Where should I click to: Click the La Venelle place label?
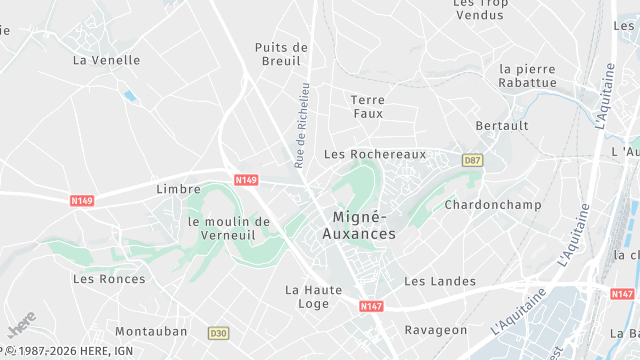click(x=107, y=60)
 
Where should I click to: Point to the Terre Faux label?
click(x=368, y=106)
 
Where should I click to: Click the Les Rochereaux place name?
click(x=375, y=154)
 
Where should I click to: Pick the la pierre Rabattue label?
click(x=527, y=76)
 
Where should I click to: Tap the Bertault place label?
click(x=502, y=126)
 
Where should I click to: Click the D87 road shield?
click(x=472, y=160)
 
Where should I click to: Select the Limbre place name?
click(x=178, y=188)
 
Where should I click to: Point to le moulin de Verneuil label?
click(x=229, y=228)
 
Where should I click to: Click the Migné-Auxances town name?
click(x=359, y=225)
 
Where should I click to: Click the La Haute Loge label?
click(x=314, y=297)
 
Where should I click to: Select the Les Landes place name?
click(x=440, y=281)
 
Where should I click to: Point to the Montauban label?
click(x=151, y=330)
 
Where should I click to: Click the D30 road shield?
click(x=218, y=332)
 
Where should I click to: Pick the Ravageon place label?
click(x=435, y=330)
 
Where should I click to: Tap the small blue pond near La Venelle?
click(x=130, y=96)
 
